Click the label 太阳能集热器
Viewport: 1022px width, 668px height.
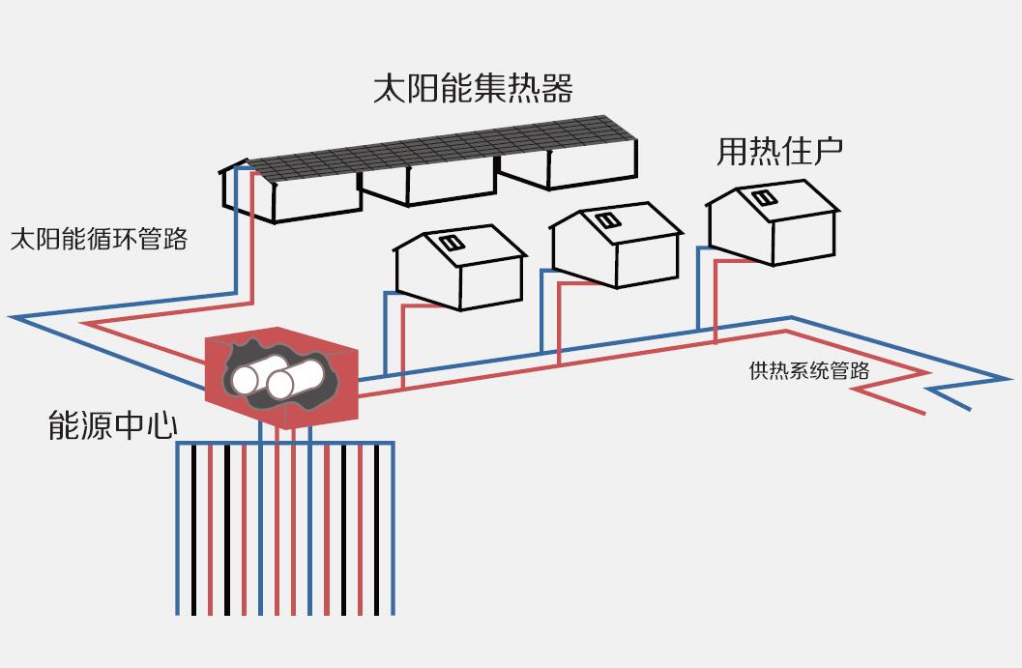(473, 88)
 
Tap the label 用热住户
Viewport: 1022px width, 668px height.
(779, 151)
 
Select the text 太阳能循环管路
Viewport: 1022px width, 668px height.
(99, 239)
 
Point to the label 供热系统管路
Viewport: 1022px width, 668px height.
(808, 370)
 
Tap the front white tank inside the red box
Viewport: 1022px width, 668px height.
(293, 381)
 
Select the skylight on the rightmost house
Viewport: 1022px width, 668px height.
(765, 198)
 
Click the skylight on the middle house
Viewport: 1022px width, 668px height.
(607, 220)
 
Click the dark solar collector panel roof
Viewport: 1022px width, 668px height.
(445, 150)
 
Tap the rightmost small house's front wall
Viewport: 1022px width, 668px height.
(741, 230)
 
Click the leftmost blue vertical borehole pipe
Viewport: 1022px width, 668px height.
(178, 532)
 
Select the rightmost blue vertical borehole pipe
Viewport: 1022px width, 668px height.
(393, 532)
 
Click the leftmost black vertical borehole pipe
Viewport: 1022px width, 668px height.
(193, 532)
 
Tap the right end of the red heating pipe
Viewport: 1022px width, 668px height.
(923, 413)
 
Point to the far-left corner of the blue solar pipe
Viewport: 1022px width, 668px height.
(12, 317)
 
